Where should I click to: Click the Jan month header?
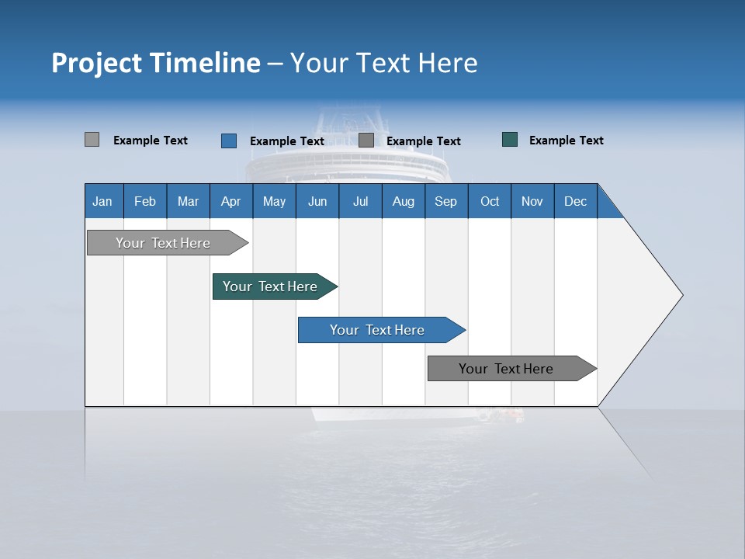coord(102,201)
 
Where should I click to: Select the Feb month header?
coord(145,201)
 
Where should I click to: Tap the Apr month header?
coord(230,201)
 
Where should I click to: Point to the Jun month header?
coord(317,201)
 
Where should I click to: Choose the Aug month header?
coord(403,201)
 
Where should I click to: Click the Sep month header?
coord(445,201)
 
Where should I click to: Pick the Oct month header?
coord(490,201)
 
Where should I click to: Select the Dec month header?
coord(575,201)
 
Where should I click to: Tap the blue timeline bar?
coord(378,330)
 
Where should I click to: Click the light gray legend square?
coord(92,140)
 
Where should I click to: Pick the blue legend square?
coord(229,141)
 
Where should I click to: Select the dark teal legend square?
coord(510,140)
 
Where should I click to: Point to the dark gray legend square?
coord(366,141)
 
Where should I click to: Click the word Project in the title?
coord(96,63)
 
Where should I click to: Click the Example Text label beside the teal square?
coord(566,140)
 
